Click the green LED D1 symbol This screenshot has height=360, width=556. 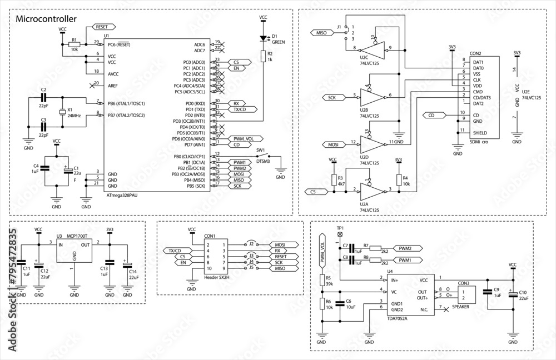(x=264, y=39)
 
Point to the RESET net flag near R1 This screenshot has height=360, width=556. (x=104, y=27)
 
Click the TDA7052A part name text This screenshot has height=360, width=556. (x=397, y=318)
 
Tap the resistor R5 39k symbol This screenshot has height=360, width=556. (x=321, y=279)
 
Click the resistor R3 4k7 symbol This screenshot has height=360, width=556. (x=333, y=179)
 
